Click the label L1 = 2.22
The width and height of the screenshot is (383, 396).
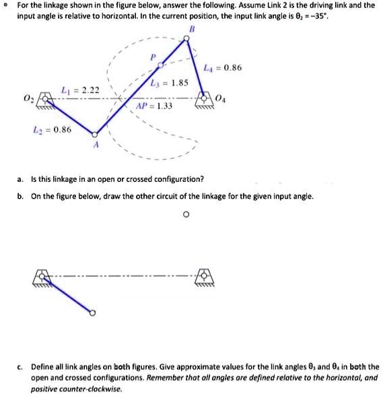pyautogui.click(x=80, y=90)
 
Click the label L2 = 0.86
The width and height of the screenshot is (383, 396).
pyautogui.click(x=53, y=129)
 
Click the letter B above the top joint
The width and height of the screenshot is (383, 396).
pyautogui.click(x=192, y=28)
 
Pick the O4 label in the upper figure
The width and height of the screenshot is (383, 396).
pyautogui.click(x=221, y=100)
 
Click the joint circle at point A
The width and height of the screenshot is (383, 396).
pyautogui.click(x=95, y=134)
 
